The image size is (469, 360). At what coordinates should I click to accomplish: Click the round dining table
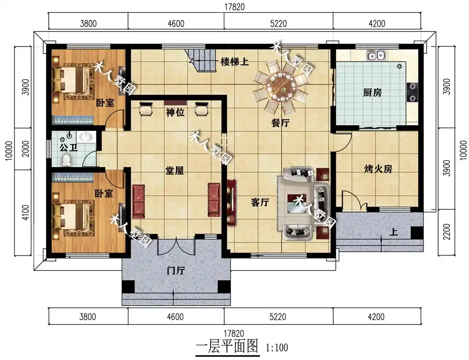(280, 85)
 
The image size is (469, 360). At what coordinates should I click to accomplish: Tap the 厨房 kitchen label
(372, 92)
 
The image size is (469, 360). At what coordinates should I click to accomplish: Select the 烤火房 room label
(378, 169)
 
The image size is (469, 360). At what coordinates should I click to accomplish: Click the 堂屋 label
(174, 171)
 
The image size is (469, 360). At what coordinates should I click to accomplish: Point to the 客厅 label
(260, 203)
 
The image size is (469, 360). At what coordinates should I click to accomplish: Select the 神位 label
(174, 113)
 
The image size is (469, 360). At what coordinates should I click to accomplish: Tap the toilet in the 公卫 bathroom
(67, 161)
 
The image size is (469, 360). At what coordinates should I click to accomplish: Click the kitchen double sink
(376, 56)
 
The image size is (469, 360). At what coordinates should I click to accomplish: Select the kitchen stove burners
(412, 92)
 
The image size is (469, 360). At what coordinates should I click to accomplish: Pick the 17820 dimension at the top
(234, 7)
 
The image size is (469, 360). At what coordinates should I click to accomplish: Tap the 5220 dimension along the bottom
(278, 317)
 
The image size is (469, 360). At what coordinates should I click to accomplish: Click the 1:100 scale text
(277, 348)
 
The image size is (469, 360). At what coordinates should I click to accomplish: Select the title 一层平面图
(227, 347)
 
